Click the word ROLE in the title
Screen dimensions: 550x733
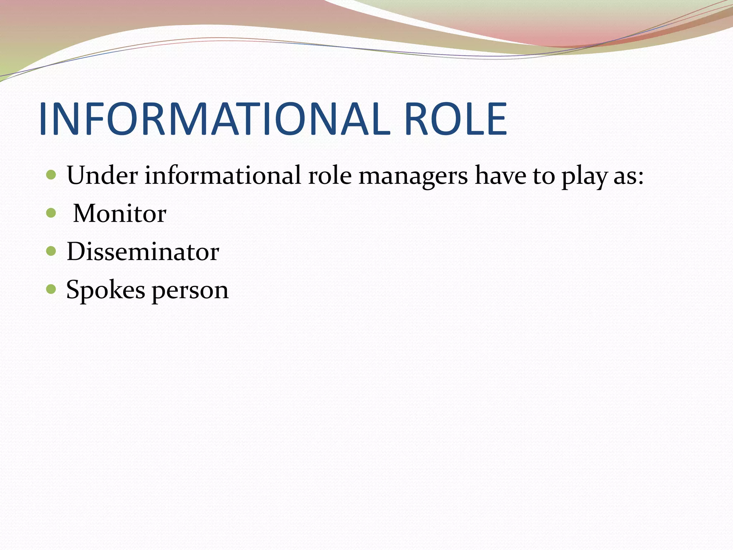point(455,119)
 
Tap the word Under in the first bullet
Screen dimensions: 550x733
point(102,175)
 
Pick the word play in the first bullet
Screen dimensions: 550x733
point(584,178)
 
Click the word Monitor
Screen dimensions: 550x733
point(120,213)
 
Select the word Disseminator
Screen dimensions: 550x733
point(143,251)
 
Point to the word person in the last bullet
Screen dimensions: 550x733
point(190,291)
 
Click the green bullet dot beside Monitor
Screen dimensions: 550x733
point(51,213)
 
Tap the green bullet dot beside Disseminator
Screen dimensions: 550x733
point(51,251)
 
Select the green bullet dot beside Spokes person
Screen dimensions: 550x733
point(51,289)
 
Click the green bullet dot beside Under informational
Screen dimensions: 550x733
point(51,175)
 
